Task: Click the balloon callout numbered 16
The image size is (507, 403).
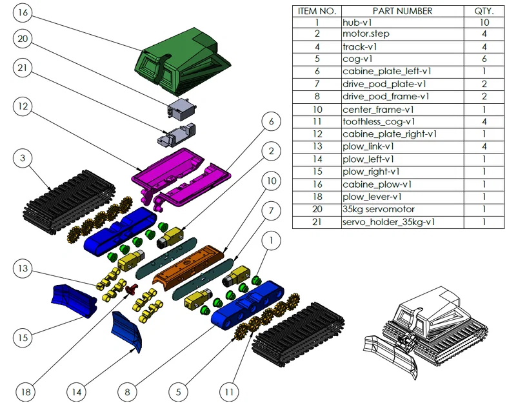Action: pyautogui.click(x=23, y=13)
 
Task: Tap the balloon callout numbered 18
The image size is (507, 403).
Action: pyautogui.click(x=26, y=391)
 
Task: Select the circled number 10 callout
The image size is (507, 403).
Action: pyautogui.click(x=271, y=181)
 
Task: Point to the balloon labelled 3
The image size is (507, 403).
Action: pyautogui.click(x=23, y=158)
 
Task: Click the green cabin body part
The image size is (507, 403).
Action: pyautogui.click(x=182, y=61)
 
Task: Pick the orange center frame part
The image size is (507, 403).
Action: pyautogui.click(x=188, y=266)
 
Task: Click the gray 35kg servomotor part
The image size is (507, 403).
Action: pyautogui.click(x=182, y=109)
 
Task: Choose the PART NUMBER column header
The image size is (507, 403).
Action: pyautogui.click(x=403, y=12)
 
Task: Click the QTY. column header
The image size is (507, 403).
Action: pyautogui.click(x=484, y=12)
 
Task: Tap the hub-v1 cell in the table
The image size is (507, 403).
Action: pyautogui.click(x=357, y=23)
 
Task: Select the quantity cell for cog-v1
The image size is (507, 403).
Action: pyautogui.click(x=484, y=59)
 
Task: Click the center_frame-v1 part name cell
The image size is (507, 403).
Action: pyautogui.click(x=378, y=110)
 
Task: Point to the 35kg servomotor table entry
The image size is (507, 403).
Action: pyautogui.click(x=378, y=209)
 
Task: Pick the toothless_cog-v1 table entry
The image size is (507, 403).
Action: pyautogui.click(x=379, y=122)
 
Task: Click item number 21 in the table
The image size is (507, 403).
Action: pyautogui.click(x=317, y=222)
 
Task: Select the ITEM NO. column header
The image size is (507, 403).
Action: pyautogui.click(x=317, y=12)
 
